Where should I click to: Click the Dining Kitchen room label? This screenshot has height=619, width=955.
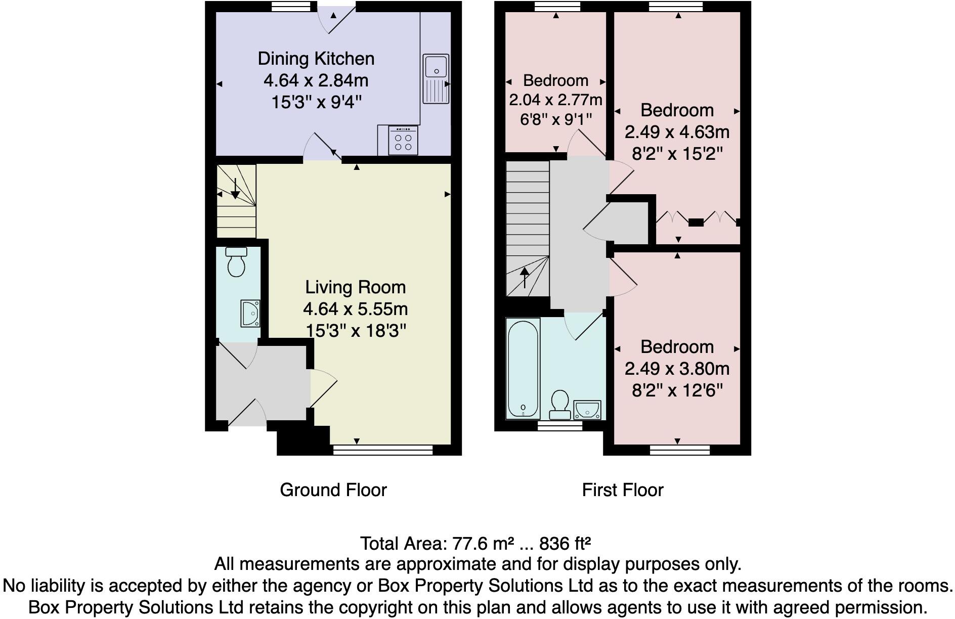pos(316,59)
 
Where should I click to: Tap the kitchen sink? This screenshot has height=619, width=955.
pos(436,79)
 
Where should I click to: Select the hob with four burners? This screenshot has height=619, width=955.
pos(403,140)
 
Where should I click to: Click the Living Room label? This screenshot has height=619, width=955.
pos(355,287)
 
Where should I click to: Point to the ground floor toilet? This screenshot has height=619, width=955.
pos(236,261)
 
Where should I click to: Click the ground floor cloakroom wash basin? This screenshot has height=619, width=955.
pos(250,314)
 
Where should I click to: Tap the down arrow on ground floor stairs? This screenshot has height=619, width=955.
pos(235,189)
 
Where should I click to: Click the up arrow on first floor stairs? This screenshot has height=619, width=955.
pos(525,277)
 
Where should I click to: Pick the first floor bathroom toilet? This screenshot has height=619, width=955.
pos(560,405)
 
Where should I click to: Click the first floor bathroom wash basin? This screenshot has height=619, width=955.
pos(587,410)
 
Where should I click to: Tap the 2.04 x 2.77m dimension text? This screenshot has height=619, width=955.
pos(555,100)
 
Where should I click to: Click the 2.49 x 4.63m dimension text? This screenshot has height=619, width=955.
pos(677,132)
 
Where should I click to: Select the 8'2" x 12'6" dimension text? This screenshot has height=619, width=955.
pos(677,390)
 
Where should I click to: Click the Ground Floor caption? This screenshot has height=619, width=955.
pos(333,490)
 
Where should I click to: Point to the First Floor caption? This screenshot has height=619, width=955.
pos(623,490)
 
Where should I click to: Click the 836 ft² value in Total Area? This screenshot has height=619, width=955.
pos(566,544)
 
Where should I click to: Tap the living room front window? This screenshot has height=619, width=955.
pos(383,450)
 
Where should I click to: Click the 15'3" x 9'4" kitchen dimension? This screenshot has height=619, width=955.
pos(317,102)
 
